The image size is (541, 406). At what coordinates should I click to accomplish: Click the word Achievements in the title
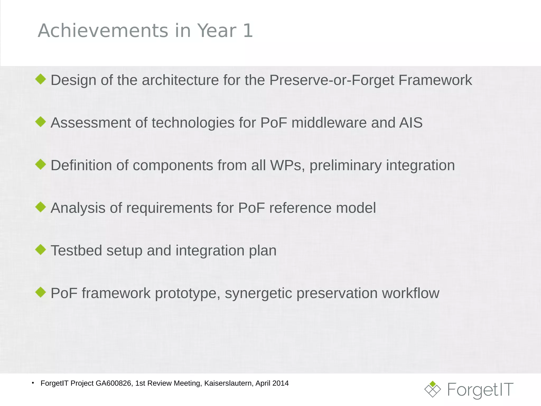coord(103,31)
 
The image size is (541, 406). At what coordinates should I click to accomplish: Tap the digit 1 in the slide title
coord(248,31)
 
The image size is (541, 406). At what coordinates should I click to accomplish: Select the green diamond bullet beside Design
coord(41,79)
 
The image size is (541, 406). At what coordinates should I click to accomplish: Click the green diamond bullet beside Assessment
coord(41,122)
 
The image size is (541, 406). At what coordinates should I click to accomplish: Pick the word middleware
coord(329,123)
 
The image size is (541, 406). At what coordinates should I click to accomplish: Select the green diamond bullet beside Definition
coord(41,164)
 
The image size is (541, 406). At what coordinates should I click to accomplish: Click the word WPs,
coord(287,165)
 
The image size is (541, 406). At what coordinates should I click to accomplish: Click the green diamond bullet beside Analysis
coord(41,207)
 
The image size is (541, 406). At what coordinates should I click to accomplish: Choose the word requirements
coord(169,208)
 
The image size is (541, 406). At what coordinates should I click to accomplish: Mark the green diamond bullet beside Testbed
coord(41,249)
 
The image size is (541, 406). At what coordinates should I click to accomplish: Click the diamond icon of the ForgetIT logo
coord(432,389)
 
